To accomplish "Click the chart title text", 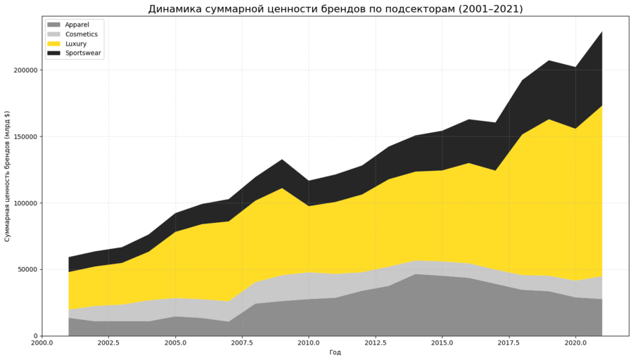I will coord(335,9).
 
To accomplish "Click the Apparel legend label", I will coord(77,25).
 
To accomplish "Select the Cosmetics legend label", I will coord(82,34).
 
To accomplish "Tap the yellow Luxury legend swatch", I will coord(53,44).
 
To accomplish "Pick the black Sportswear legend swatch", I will coord(53,53).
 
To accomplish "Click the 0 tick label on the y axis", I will coord(35,336).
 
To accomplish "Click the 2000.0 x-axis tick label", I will coord(42,343).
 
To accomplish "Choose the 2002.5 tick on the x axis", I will coord(108,343).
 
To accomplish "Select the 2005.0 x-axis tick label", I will coord(175,343).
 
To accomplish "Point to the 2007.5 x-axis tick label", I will coord(242,343).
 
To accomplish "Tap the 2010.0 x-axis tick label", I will coord(308,343).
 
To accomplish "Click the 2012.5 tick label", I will coord(375,343).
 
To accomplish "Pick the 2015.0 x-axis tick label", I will coord(442,343).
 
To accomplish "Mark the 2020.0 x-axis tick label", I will coord(575,343).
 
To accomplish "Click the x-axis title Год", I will coord(335,352).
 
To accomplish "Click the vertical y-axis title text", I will coord(8,176).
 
